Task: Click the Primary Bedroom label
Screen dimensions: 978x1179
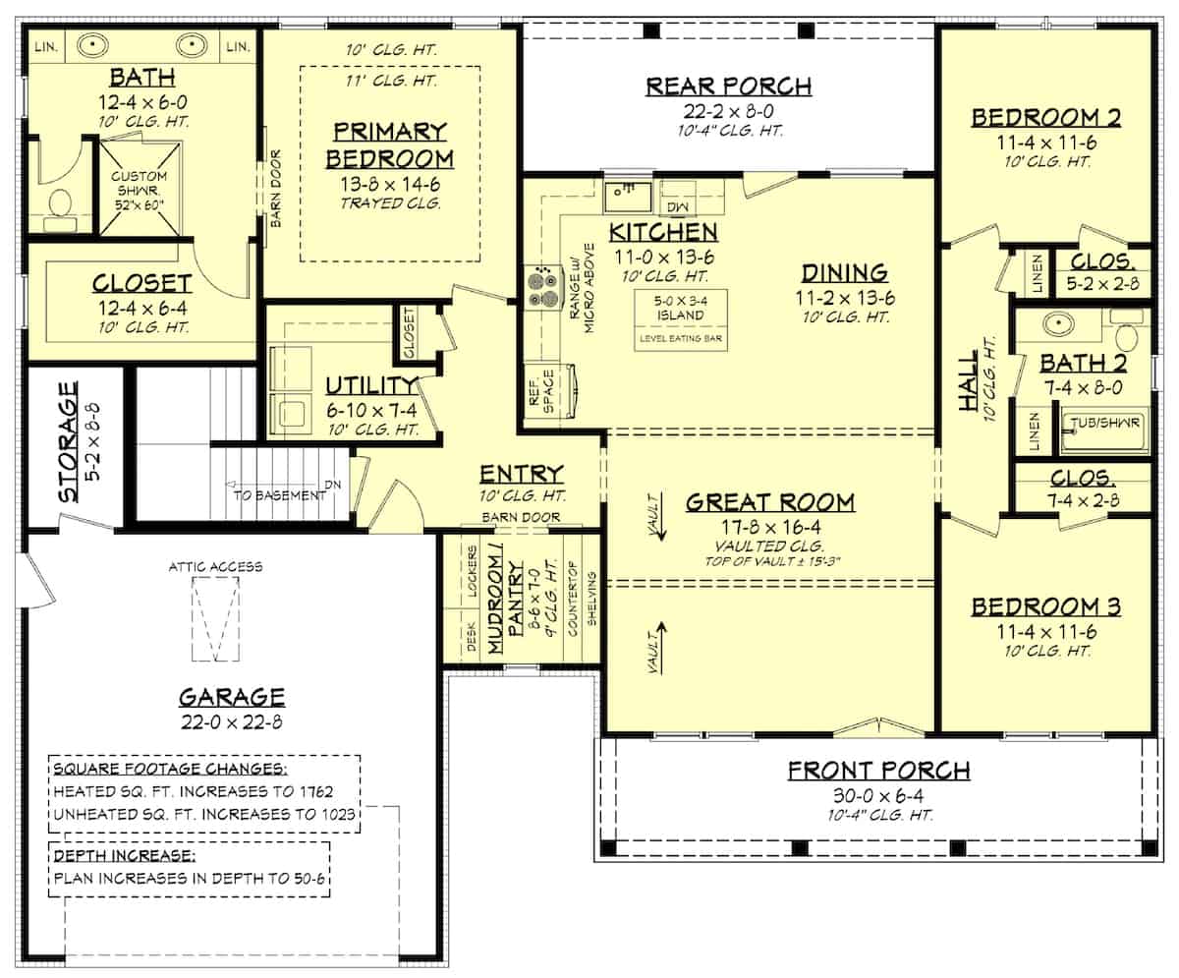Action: tap(391, 144)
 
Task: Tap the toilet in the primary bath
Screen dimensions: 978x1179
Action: tap(60, 204)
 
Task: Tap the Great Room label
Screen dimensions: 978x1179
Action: tap(770, 502)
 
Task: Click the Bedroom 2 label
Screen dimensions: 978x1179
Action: tap(1046, 118)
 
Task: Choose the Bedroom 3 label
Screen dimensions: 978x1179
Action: tap(1046, 606)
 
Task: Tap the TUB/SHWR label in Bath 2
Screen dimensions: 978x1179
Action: tap(1105, 424)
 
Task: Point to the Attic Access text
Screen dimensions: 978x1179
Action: tap(215, 566)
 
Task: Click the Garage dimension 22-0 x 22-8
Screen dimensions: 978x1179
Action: tap(232, 722)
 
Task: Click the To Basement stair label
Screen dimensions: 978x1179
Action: tap(279, 495)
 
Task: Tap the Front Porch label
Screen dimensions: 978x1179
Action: tap(878, 770)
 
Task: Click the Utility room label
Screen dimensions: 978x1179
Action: tap(359, 385)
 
